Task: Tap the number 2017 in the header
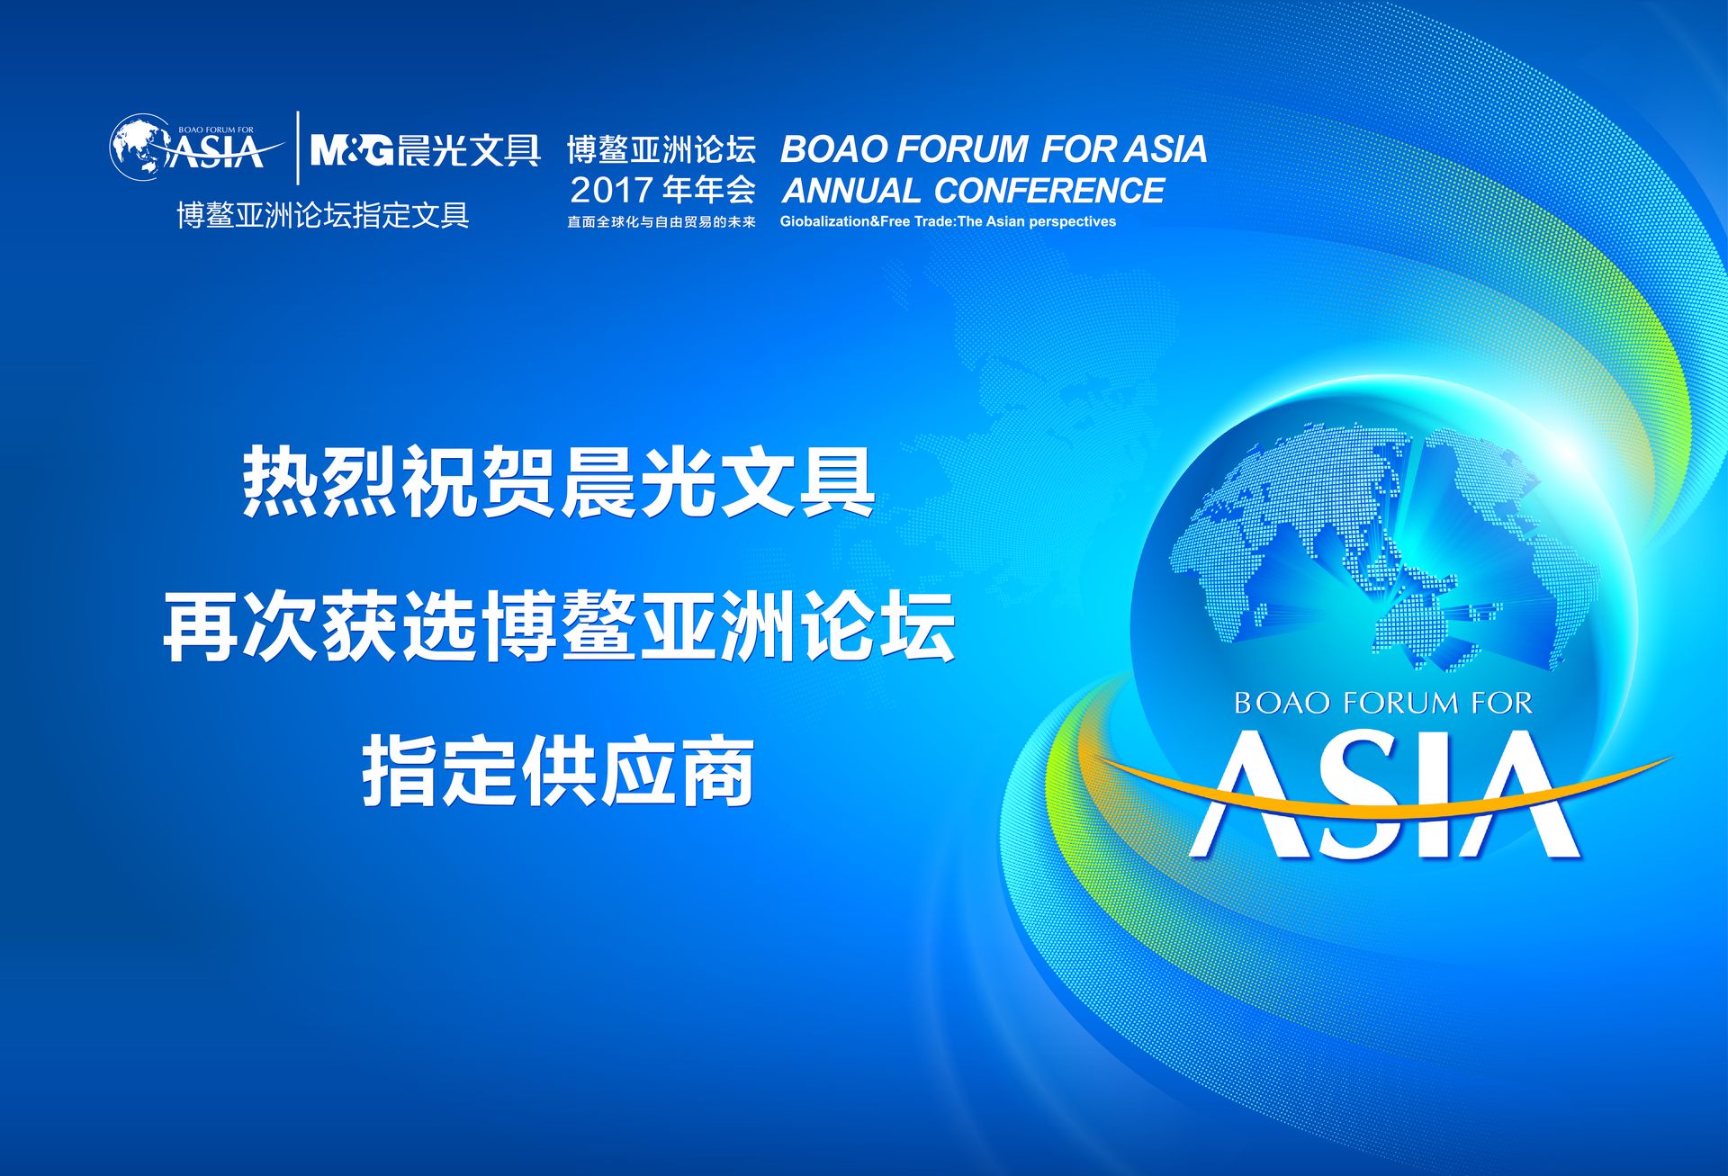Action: (611, 190)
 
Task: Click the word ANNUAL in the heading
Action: (851, 191)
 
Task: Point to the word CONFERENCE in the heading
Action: (1049, 191)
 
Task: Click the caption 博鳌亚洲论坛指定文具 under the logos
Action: (323, 216)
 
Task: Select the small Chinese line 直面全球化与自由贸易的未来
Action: (661, 221)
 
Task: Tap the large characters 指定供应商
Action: (558, 772)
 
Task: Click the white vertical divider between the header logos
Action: (298, 148)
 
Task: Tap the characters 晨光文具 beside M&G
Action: (469, 149)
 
